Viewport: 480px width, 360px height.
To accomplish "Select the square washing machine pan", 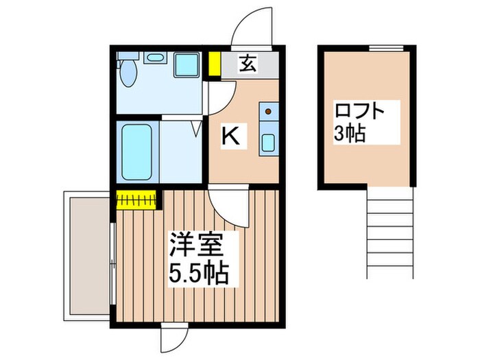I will [186, 64].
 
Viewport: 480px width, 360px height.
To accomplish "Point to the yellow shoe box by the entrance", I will [215, 63].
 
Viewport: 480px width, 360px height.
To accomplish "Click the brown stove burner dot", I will [269, 111].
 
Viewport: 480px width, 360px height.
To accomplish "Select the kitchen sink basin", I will [268, 143].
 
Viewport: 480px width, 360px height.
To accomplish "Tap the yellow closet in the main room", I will [137, 200].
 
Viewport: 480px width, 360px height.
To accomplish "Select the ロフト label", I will [357, 110].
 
